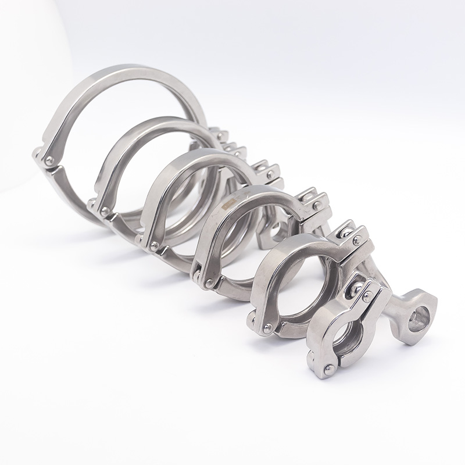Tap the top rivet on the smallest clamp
367,297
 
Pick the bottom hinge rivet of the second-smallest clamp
267,329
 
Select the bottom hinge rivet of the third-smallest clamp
208,283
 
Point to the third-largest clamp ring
169,174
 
